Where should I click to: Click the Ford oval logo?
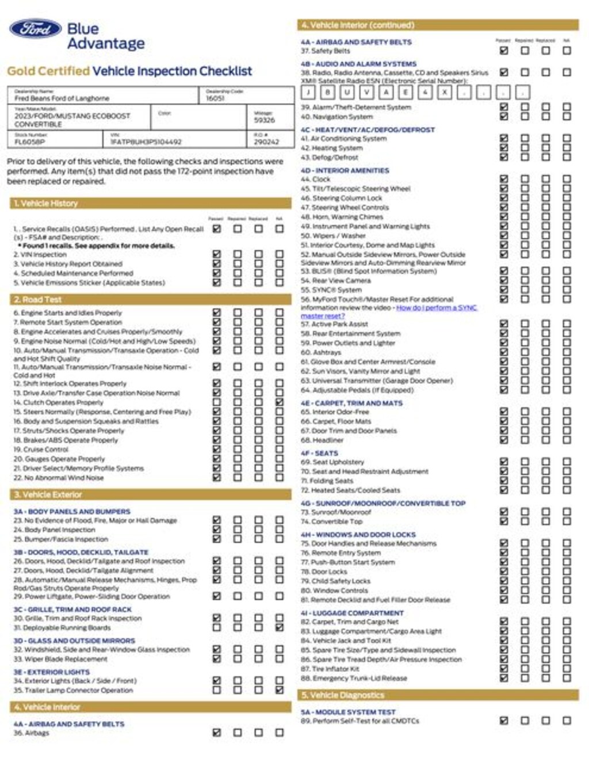(x=35, y=29)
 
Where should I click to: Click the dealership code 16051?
(x=215, y=98)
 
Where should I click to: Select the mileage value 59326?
(x=265, y=120)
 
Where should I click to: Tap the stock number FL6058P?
(x=30, y=142)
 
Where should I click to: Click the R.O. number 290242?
(x=266, y=142)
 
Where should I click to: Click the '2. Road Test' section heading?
(x=37, y=299)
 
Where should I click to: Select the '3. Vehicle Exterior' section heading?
(x=48, y=494)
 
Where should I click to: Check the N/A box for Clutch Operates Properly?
(x=280, y=402)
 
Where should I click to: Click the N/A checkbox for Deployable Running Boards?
(x=280, y=627)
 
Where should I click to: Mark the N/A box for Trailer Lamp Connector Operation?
(x=280, y=689)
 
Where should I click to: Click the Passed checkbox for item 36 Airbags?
(x=217, y=733)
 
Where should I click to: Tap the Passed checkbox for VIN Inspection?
(x=217, y=254)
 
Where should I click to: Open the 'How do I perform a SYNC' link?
(x=437, y=308)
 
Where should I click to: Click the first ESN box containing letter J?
(x=308, y=92)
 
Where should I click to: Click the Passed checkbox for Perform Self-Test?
(x=504, y=721)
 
